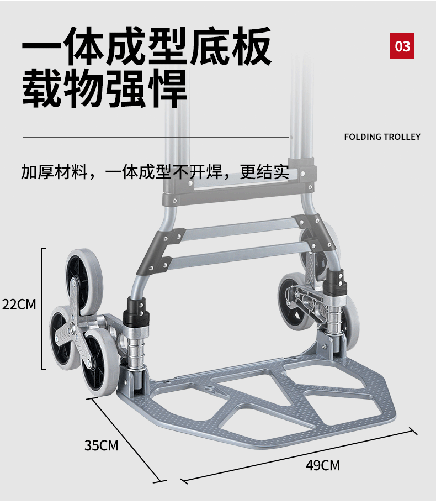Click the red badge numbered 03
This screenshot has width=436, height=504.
(x=402, y=46)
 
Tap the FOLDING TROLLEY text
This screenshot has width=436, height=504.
(x=382, y=136)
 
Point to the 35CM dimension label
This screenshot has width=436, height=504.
(x=101, y=445)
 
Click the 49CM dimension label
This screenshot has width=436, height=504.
(x=323, y=465)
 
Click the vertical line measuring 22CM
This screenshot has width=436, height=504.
(x=42, y=309)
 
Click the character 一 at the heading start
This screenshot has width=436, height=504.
(x=41, y=45)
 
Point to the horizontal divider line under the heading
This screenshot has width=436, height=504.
(x=155, y=136)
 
